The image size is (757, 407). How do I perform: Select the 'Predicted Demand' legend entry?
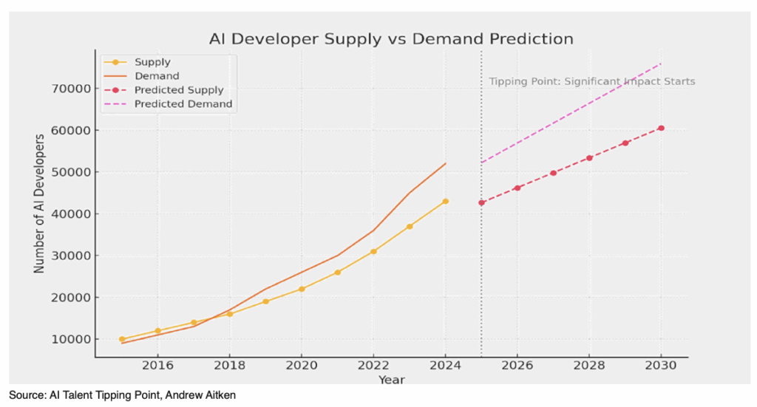tap(183, 104)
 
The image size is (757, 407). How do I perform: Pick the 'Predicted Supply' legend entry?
tap(180, 90)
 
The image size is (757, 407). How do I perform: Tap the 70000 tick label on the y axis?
tap(71, 89)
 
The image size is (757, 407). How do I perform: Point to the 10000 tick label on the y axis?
tap(71, 340)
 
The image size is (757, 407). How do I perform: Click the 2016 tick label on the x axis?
tap(157, 366)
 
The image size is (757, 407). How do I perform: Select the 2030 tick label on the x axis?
tap(661, 366)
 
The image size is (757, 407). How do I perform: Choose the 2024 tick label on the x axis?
tap(446, 366)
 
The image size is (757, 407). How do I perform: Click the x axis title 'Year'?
tap(391, 380)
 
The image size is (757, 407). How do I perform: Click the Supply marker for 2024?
tap(446, 202)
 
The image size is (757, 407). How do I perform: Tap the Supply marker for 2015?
tap(122, 340)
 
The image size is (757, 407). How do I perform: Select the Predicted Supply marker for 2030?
tap(661, 129)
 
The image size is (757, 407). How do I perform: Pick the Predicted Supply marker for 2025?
tap(481, 202)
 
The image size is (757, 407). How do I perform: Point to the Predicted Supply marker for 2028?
tap(589, 158)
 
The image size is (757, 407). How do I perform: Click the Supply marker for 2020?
tap(302, 289)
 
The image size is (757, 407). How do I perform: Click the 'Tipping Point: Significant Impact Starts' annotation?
tap(591, 81)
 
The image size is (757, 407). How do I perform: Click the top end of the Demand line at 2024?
tap(446, 164)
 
